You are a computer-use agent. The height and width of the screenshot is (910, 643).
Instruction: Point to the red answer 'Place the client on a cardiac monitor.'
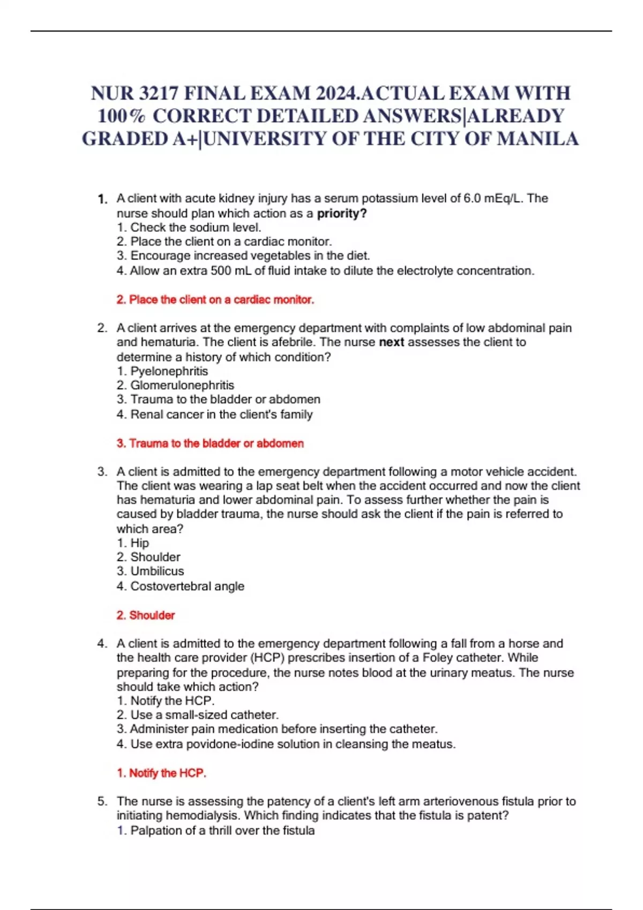coord(215,300)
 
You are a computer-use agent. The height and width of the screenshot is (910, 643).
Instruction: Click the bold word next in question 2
coord(391,342)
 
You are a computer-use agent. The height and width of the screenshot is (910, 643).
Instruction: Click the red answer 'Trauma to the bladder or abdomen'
coord(210,443)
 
